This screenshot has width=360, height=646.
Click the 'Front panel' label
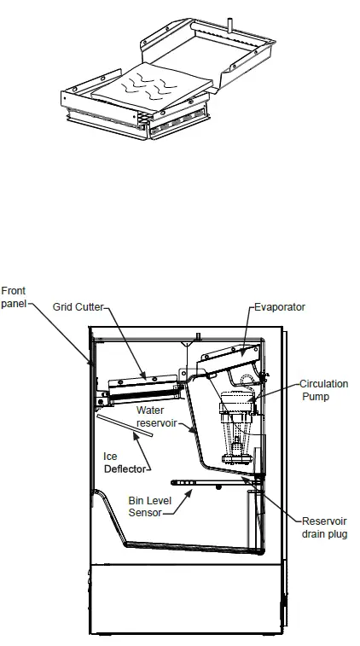14,297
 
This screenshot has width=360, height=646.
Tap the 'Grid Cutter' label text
78,307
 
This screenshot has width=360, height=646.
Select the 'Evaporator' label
280,307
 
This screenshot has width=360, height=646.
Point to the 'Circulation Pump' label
324,390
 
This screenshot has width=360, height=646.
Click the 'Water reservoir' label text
156,416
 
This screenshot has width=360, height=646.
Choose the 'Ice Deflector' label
125,463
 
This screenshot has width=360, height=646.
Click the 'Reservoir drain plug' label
324,527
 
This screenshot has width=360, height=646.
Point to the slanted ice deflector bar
125,425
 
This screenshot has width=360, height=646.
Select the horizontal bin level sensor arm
214,482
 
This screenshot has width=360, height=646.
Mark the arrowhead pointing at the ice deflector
135,437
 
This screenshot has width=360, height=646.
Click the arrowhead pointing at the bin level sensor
189,492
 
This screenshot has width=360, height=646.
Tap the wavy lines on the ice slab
151,85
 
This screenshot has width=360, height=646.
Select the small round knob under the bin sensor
218,488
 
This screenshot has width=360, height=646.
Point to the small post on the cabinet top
198,336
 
